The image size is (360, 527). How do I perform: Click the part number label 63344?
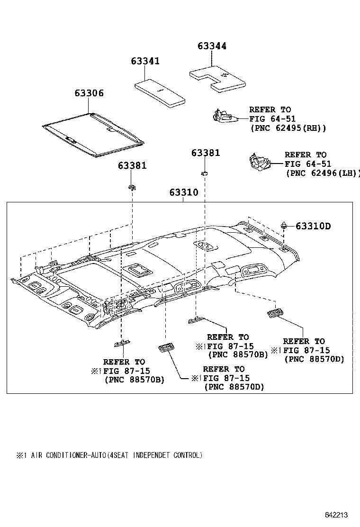point(212,46)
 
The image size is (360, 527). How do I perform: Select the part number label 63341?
point(145,62)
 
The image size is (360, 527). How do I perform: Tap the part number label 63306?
point(89,93)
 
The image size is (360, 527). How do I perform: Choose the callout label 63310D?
point(313,226)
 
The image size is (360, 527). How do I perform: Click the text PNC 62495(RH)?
point(288,128)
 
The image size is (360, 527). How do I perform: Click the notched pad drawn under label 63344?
point(217,78)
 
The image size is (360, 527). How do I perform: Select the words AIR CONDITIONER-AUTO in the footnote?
point(69,455)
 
